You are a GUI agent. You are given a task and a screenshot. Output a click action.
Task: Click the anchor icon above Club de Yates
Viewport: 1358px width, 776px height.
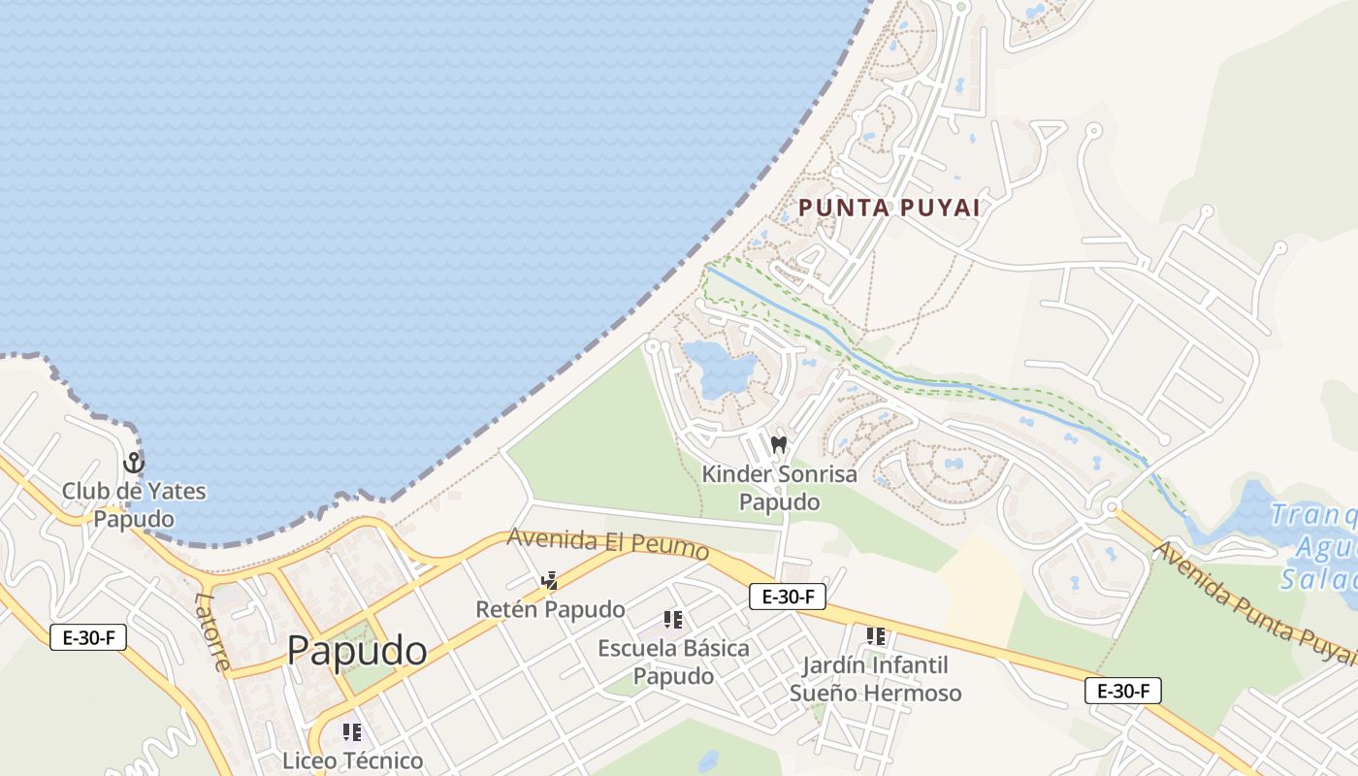pyautogui.click(x=134, y=463)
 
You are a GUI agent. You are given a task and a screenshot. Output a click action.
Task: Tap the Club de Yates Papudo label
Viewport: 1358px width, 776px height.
pyautogui.click(x=134, y=504)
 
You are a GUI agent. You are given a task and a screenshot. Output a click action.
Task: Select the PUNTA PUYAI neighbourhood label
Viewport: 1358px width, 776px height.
pyautogui.click(x=889, y=208)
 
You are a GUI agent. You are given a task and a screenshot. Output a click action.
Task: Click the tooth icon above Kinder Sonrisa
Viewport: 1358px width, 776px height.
pyautogui.click(x=778, y=445)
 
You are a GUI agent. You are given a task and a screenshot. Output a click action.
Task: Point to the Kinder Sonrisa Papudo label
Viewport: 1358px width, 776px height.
pyautogui.click(x=779, y=488)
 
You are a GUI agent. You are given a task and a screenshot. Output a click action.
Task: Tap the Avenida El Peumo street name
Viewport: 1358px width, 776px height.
pyautogui.click(x=608, y=542)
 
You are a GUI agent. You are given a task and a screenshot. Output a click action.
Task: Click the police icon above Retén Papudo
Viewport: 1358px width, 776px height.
pyautogui.click(x=550, y=581)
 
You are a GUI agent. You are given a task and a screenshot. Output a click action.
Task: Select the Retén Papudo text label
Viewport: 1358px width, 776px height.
pyautogui.click(x=550, y=609)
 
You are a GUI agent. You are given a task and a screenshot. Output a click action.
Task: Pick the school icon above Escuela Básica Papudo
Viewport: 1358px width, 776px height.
pyautogui.click(x=673, y=620)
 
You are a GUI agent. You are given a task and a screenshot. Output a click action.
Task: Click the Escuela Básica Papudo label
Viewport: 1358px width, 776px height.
pyautogui.click(x=673, y=662)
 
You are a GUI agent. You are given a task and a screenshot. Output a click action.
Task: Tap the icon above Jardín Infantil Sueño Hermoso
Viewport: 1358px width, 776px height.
pyautogui.click(x=876, y=636)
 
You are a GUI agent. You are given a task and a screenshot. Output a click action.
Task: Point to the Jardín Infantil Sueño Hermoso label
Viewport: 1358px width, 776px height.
pyautogui.click(x=875, y=679)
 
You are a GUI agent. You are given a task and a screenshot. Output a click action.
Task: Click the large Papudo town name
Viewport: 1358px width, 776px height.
pyautogui.click(x=357, y=650)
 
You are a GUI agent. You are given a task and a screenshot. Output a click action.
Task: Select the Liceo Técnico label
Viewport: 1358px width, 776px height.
pyautogui.click(x=353, y=760)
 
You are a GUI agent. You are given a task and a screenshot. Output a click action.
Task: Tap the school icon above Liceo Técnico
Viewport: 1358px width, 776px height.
pyautogui.click(x=352, y=732)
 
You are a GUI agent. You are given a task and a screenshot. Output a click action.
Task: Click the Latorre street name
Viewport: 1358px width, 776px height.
pyautogui.click(x=212, y=631)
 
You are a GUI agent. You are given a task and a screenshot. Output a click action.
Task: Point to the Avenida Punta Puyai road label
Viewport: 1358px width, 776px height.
pyautogui.click(x=1253, y=604)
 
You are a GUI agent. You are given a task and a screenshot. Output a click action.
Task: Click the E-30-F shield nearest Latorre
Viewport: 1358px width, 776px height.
pyautogui.click(x=88, y=637)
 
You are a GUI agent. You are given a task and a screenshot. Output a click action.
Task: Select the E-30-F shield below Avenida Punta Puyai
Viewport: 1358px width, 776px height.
pyautogui.click(x=1123, y=691)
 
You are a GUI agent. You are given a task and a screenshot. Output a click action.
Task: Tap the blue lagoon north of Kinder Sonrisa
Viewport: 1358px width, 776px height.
pyautogui.click(x=718, y=366)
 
